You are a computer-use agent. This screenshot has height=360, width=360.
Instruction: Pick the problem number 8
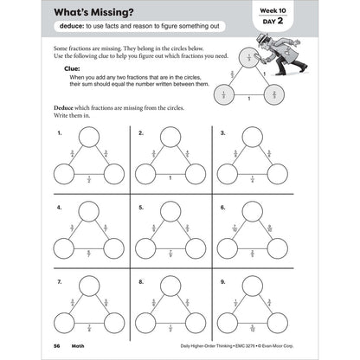coord(140,284)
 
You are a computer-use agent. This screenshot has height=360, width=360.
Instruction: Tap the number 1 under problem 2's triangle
coord(170,178)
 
